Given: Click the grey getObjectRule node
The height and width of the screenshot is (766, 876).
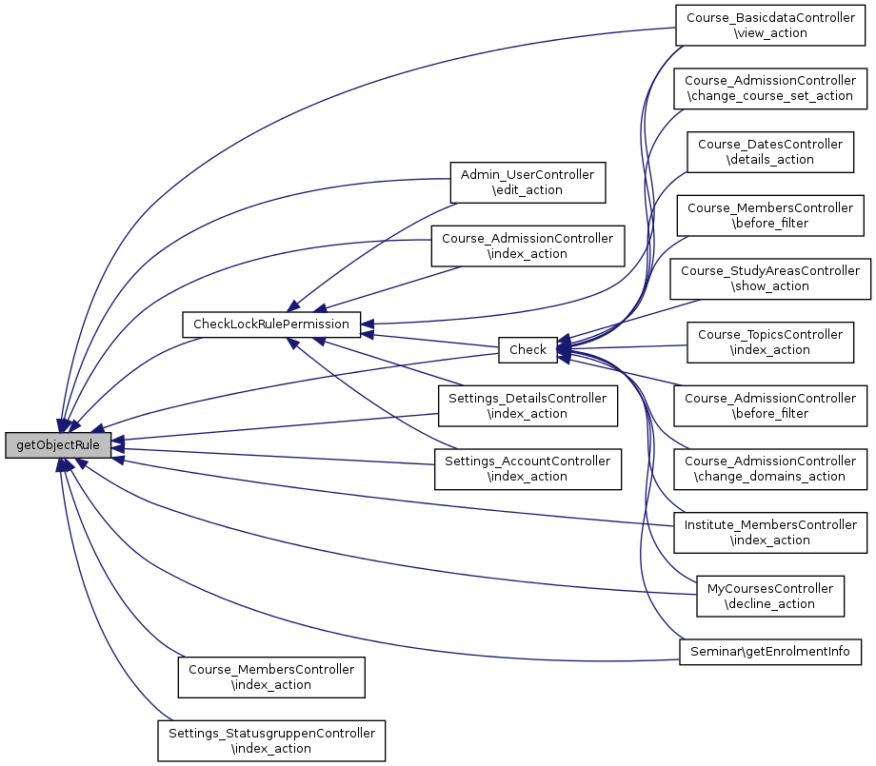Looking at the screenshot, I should pyautogui.click(x=58, y=444).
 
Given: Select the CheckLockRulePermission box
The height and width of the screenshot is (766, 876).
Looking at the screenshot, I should pyautogui.click(x=271, y=324).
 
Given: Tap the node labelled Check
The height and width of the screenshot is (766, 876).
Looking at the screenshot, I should pyautogui.click(x=528, y=349).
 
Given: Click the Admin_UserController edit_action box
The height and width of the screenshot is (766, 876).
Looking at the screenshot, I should pyautogui.click(x=528, y=182).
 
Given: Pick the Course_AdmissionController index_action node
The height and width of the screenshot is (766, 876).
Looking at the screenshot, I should pyautogui.click(x=528, y=246).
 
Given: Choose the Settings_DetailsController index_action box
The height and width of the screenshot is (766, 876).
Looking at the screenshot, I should pyautogui.click(x=528, y=405).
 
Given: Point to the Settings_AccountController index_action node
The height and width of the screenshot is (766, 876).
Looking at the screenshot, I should pyautogui.click(x=528, y=468).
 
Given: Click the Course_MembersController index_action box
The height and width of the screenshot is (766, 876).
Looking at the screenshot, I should pyautogui.click(x=271, y=677).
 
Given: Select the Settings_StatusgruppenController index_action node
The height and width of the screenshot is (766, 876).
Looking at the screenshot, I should pyautogui.click(x=271, y=740).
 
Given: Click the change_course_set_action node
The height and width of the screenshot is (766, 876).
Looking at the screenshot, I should pyautogui.click(x=770, y=88).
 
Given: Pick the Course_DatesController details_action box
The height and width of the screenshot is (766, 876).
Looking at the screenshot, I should pyautogui.click(x=770, y=151).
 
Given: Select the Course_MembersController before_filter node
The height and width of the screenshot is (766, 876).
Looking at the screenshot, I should pyautogui.click(x=770, y=215).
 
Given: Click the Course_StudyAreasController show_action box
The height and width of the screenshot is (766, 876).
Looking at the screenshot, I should pyautogui.click(x=770, y=278).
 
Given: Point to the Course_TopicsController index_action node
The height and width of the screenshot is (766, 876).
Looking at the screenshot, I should pyautogui.click(x=770, y=342).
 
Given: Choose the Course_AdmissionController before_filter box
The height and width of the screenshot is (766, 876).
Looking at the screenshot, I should pyautogui.click(x=770, y=405).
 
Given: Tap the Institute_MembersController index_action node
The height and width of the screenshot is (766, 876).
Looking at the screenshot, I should pyautogui.click(x=770, y=532).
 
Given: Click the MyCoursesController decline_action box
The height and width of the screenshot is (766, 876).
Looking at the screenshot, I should pyautogui.click(x=770, y=596).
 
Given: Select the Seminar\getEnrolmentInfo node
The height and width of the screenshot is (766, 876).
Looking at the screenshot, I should pyautogui.click(x=770, y=652).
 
